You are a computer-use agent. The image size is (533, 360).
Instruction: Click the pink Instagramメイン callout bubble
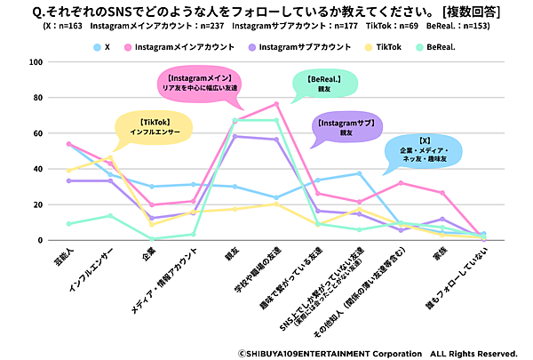(203, 84)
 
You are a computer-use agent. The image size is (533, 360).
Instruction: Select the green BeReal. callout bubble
(325, 84)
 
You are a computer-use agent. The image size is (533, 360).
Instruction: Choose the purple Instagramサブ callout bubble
(345, 127)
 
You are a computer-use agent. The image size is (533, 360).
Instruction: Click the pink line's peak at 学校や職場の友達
(277, 104)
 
